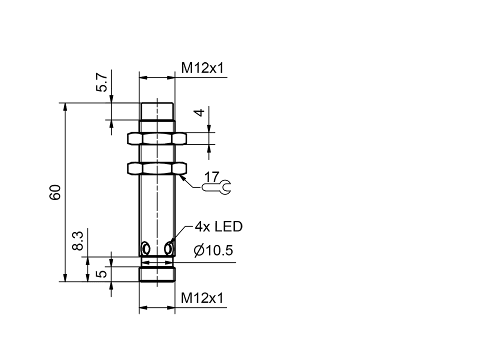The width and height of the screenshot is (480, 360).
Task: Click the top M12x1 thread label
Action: [201, 68]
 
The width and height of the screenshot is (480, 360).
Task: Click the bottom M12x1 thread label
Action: [201, 298]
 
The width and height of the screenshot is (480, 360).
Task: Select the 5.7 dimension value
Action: [101, 81]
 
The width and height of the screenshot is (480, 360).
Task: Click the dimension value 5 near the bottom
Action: [101, 273]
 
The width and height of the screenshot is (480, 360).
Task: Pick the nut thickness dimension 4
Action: [199, 113]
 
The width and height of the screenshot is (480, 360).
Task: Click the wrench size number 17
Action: [211, 176]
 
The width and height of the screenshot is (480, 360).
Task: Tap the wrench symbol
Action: [217, 188]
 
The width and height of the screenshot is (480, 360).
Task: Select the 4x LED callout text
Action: [218, 227]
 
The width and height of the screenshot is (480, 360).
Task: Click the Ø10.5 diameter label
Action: [213, 250]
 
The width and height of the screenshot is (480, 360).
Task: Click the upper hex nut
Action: [157, 138]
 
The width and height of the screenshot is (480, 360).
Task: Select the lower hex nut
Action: [157, 168]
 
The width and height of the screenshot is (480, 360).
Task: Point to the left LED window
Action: [145, 248]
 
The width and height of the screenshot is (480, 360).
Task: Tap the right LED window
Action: [168, 248]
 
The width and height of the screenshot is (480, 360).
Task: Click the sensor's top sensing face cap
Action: [157, 111]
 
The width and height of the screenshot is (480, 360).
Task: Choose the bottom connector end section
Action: [157, 274]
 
